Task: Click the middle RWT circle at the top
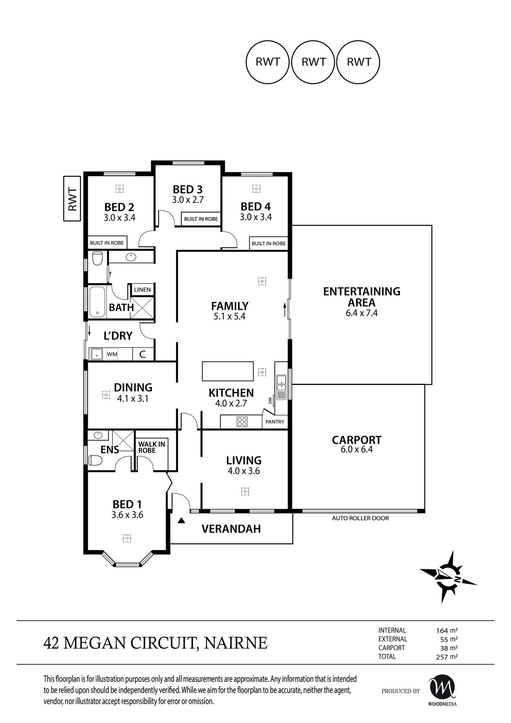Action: [x=313, y=62]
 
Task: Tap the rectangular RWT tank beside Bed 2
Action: [x=72, y=199]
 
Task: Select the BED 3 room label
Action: [x=187, y=190]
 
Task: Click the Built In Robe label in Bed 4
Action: [x=268, y=243]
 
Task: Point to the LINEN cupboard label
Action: [x=142, y=290]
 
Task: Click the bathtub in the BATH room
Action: [x=97, y=302]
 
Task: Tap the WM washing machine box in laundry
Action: [x=112, y=355]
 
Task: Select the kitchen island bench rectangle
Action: [x=228, y=371]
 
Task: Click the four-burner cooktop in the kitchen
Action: [x=242, y=422]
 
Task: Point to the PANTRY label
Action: [x=275, y=422]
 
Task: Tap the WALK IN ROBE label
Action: [x=152, y=447]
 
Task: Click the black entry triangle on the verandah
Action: [x=182, y=521]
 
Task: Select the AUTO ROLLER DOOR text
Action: [x=360, y=518]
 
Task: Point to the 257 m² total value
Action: [x=446, y=657]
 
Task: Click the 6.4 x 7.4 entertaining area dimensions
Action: [x=361, y=313]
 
